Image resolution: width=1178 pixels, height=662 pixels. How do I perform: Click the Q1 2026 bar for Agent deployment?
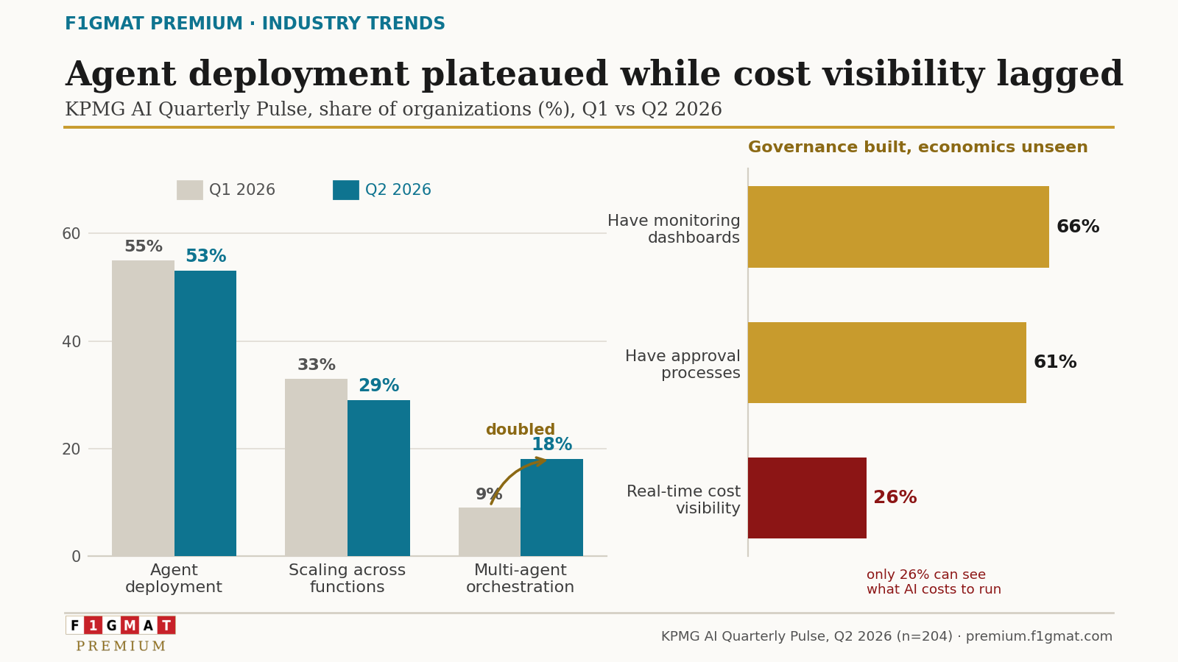click(x=143, y=408)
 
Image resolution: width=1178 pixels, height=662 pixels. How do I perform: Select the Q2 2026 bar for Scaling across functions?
click(x=378, y=478)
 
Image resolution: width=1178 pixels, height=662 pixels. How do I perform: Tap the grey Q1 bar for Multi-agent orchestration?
click(x=490, y=532)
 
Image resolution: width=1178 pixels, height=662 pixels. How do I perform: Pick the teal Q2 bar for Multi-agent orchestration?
click(x=551, y=508)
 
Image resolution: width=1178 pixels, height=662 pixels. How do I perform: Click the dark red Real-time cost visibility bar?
click(x=807, y=498)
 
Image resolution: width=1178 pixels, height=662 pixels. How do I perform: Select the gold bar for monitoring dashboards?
click(x=899, y=227)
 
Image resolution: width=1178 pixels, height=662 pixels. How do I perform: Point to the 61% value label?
click(x=1055, y=362)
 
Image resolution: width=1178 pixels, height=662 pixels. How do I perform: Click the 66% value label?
click(x=1078, y=227)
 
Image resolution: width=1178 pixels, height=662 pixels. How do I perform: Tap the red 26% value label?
click(x=895, y=497)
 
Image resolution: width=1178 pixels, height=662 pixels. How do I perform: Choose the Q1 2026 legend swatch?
click(x=190, y=191)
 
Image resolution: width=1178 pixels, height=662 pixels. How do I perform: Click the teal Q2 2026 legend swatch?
click(x=346, y=191)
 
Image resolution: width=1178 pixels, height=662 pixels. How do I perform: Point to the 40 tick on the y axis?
click(x=71, y=342)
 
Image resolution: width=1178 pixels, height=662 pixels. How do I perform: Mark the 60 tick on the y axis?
click(x=71, y=234)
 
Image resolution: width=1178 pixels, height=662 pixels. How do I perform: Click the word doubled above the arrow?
click(x=520, y=430)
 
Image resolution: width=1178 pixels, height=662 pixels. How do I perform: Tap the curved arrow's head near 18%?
click(x=542, y=460)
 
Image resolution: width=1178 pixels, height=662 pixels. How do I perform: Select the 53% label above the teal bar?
click(x=205, y=257)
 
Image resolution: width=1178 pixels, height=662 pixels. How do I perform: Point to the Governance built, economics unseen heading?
click(x=917, y=147)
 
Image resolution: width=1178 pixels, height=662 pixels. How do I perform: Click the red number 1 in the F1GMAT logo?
click(x=93, y=625)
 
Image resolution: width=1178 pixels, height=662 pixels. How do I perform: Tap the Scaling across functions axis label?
click(x=347, y=578)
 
